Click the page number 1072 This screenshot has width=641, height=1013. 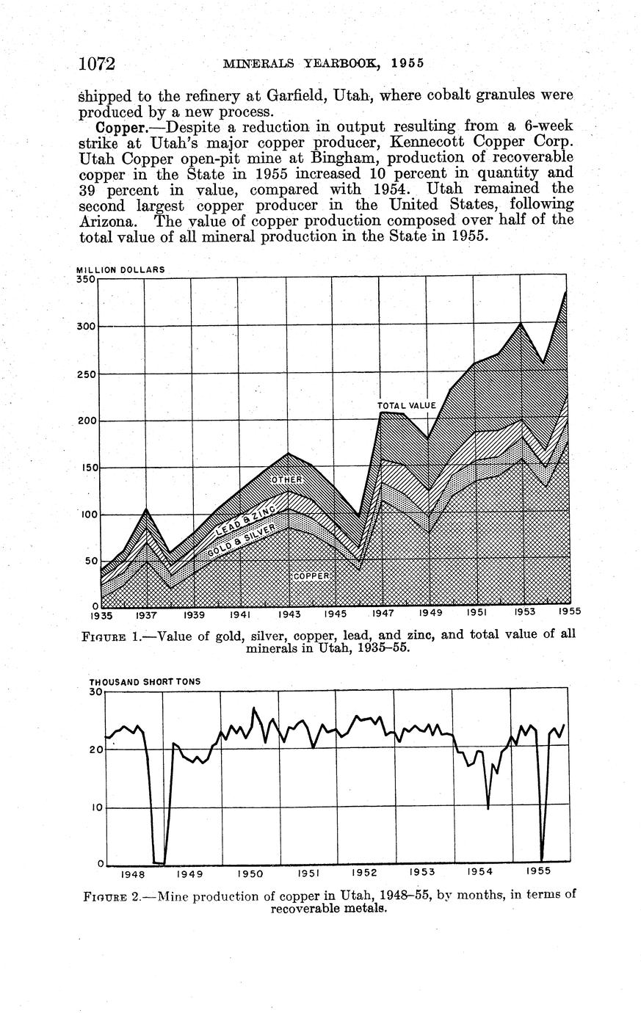(98, 64)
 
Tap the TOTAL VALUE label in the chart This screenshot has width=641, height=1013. (407, 405)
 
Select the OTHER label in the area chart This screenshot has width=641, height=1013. (288, 479)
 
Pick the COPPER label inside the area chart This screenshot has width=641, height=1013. (312, 576)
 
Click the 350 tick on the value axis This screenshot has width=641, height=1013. (86, 279)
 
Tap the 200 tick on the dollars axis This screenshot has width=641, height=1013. (86, 421)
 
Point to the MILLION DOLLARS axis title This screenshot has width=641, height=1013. (120, 269)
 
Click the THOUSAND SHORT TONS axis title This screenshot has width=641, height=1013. (145, 681)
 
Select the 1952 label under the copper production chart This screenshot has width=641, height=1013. (364, 873)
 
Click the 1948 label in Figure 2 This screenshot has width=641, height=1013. (133, 874)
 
